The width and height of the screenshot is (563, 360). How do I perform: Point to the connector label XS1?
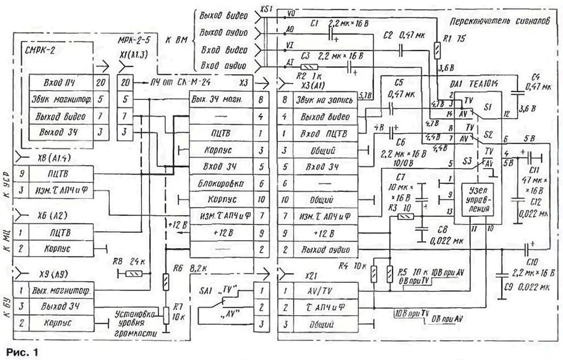266,9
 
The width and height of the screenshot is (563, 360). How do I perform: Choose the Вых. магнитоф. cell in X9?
62,290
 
